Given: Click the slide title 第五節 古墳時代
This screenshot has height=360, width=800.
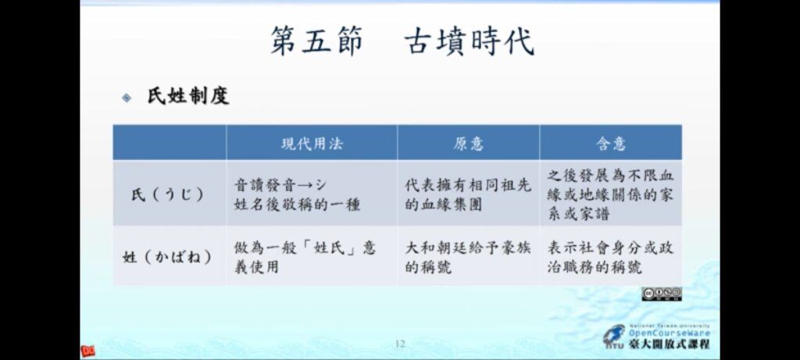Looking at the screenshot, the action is click(x=402, y=41).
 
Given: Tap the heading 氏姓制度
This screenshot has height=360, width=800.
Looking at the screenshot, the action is click(x=188, y=96).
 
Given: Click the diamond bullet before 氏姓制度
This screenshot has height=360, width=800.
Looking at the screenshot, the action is click(x=127, y=98).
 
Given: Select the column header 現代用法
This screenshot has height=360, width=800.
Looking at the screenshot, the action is click(x=312, y=144).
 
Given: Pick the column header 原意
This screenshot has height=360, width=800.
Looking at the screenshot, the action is click(x=468, y=144).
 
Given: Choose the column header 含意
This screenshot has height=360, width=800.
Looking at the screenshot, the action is click(x=611, y=144).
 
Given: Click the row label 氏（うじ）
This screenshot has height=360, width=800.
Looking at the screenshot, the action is click(x=169, y=194).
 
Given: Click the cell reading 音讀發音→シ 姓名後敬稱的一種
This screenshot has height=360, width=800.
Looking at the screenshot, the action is click(x=297, y=194).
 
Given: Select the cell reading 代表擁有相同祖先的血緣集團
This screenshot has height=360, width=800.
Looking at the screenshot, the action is click(x=468, y=194).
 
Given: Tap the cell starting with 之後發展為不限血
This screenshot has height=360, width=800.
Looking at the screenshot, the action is click(x=611, y=194).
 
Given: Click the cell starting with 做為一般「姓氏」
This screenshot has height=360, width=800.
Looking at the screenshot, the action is click(x=305, y=257).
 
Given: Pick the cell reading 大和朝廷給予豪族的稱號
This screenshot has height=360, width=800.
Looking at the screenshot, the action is click(x=468, y=257).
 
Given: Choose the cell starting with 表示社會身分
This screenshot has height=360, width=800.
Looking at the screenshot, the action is click(x=611, y=257).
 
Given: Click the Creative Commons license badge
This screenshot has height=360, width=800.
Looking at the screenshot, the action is click(x=662, y=294).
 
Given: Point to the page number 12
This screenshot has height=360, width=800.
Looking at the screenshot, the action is click(x=400, y=344).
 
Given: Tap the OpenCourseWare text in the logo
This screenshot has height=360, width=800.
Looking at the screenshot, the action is click(x=669, y=333).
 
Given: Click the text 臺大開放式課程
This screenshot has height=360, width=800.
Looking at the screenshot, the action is click(x=669, y=344).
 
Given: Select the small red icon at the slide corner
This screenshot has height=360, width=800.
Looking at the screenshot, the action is click(x=87, y=351).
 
